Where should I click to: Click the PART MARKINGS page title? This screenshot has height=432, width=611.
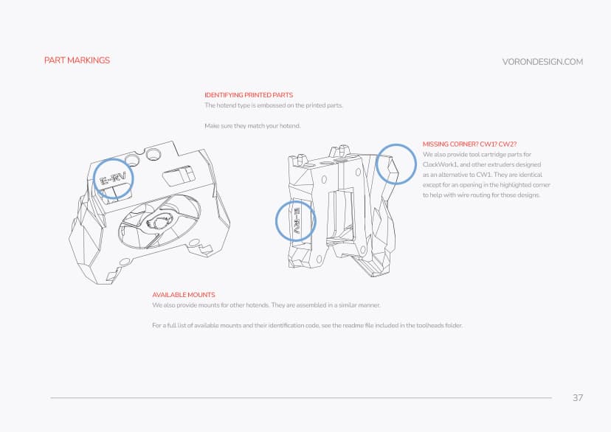point(77,60)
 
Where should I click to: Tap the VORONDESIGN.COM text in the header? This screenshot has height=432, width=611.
point(542,62)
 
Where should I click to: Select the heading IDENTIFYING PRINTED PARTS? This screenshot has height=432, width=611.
point(249,95)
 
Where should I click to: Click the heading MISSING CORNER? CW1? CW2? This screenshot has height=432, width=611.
point(463,144)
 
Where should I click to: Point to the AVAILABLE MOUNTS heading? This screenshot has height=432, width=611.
point(184,295)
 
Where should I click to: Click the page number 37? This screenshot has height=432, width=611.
point(578,398)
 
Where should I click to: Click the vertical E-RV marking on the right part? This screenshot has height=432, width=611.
point(296,220)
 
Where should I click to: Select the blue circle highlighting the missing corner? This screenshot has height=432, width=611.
point(396,164)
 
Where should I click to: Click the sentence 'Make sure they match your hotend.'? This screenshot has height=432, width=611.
point(252,126)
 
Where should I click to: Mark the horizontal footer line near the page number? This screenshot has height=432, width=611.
point(295,398)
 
